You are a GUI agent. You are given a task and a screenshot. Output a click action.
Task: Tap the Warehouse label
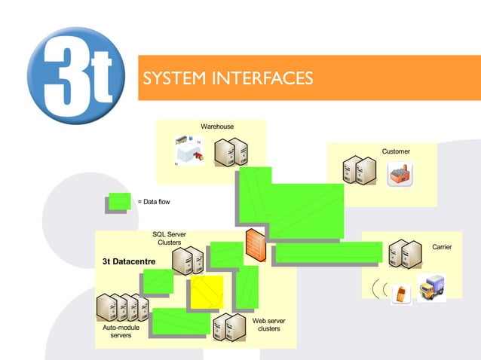[216, 127]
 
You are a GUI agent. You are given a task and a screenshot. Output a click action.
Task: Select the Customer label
[395, 151]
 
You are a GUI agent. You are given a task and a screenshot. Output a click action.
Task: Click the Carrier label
[441, 247]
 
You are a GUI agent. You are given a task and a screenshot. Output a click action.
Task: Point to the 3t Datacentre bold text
[129, 261]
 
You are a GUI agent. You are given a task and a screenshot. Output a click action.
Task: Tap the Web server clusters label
[268, 325]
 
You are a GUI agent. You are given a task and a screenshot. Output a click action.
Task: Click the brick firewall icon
[256, 245]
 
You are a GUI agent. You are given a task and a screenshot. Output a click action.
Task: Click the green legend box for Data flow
[118, 202]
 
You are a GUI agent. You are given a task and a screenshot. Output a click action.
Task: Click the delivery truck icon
[431, 288]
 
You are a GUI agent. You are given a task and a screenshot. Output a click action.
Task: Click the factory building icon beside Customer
[398, 174]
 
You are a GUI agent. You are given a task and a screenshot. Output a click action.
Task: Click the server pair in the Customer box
[359, 171]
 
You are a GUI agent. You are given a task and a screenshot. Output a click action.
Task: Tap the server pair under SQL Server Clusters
[188, 260]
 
